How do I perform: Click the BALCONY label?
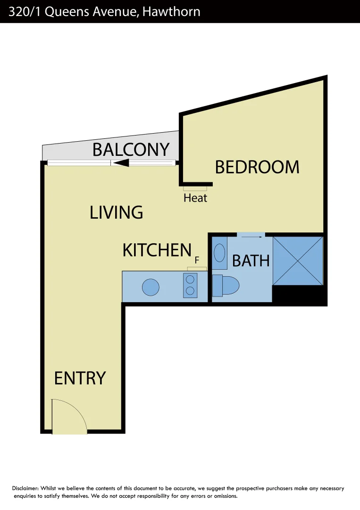click(131, 149)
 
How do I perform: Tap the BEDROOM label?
click(257, 167)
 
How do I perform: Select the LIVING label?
click(116, 212)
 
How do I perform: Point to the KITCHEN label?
click(157, 250)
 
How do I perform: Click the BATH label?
click(251, 260)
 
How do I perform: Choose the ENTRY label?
click(80, 378)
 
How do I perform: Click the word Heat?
click(195, 198)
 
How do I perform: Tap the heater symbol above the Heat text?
click(195, 188)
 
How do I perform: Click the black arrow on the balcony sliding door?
click(122, 163)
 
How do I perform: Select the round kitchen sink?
click(151, 287)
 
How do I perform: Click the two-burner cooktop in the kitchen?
click(190, 286)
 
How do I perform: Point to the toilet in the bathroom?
click(226, 285)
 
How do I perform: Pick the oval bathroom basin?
click(219, 253)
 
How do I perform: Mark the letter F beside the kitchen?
click(197, 260)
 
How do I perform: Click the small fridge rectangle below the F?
click(197, 269)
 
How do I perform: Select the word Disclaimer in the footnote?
click(25, 488)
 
